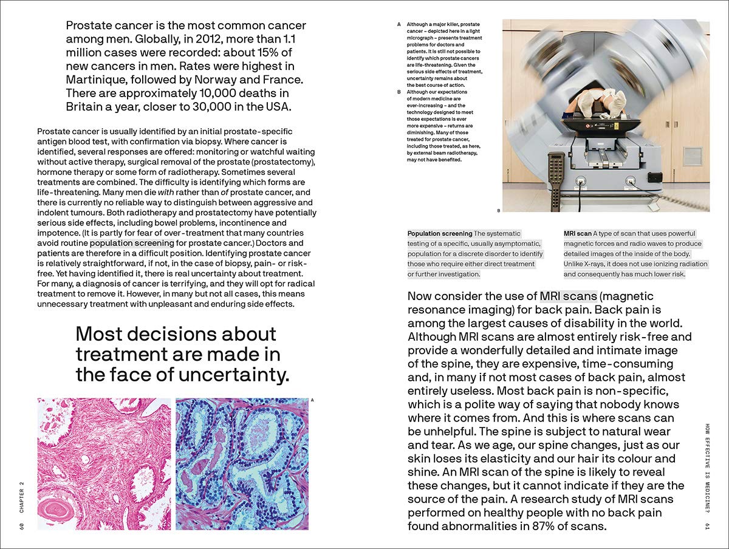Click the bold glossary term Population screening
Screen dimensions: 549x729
(x=440, y=234)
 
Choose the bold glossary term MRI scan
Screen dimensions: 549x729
(x=577, y=234)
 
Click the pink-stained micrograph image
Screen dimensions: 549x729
(x=104, y=463)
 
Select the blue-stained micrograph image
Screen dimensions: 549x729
(x=241, y=463)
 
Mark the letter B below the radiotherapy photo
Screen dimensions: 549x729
(x=498, y=211)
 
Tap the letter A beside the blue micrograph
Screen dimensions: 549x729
(x=312, y=400)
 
